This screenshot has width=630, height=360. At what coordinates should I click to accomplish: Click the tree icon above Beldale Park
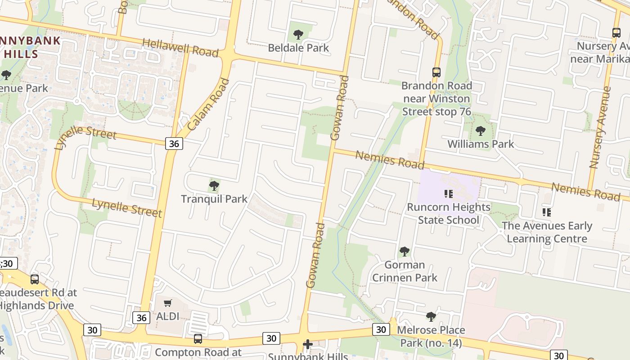pos(298,34)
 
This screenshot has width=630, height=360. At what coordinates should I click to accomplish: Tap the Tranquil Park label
pos(214,198)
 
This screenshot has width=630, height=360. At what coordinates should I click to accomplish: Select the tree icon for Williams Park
pos(481,131)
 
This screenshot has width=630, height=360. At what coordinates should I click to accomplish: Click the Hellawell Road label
pos(180,47)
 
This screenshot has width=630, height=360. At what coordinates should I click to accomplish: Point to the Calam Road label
pos(208,105)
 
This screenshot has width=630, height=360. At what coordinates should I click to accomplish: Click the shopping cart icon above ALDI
pos(167,303)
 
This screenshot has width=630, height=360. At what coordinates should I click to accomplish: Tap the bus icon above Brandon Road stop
pos(436,72)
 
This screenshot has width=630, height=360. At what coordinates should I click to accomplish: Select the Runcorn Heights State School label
pos(449,213)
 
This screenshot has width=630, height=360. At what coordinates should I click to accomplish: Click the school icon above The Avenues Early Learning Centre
pos(547,212)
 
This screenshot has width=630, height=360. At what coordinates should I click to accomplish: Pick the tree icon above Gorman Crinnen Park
pos(405,251)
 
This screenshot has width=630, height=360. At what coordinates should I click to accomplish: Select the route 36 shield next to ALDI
pos(141,318)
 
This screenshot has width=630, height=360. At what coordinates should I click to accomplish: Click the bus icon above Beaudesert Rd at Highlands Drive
pos(35,279)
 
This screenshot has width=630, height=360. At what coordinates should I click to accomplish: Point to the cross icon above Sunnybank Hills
pos(308,345)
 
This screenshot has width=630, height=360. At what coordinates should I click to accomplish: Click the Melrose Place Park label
pos(431,336)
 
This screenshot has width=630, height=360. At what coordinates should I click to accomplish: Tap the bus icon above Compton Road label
pos(198,339)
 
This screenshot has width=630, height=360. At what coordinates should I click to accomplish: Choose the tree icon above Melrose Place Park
pos(431,317)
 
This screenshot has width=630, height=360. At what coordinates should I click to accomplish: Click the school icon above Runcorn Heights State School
pos(448,194)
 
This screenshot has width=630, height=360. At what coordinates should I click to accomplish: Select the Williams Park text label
pos(481,144)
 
